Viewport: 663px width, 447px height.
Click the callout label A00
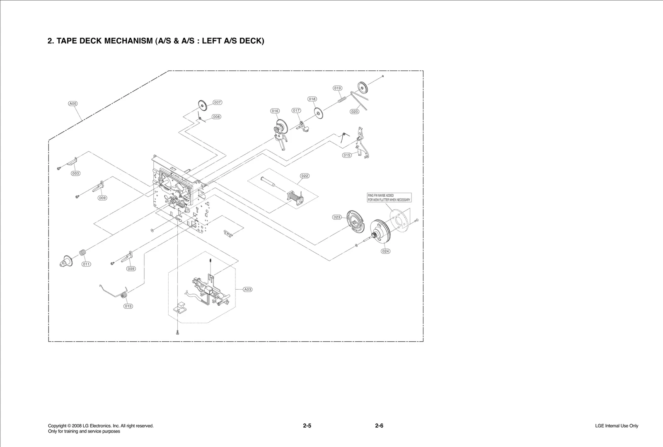(73, 104)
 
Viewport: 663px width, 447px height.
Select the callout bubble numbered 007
(218, 102)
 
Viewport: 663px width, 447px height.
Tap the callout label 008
(216, 117)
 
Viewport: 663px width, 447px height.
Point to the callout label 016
(275, 111)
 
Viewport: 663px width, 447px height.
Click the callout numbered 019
(338, 88)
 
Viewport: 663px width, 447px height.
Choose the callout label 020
(355, 112)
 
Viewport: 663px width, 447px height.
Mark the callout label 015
(347, 155)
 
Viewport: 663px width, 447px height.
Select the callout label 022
(305, 176)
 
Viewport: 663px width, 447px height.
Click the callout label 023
(337, 217)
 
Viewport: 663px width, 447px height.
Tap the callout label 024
(386, 251)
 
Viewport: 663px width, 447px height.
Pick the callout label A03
(247, 290)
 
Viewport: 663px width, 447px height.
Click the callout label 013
(128, 306)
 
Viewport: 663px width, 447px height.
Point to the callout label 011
(86, 264)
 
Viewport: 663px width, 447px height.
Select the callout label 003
(75, 174)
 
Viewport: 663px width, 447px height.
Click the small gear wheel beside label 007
(203, 106)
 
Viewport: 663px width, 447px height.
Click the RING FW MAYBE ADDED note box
(389, 198)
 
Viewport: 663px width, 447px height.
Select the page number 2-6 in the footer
(379, 426)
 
